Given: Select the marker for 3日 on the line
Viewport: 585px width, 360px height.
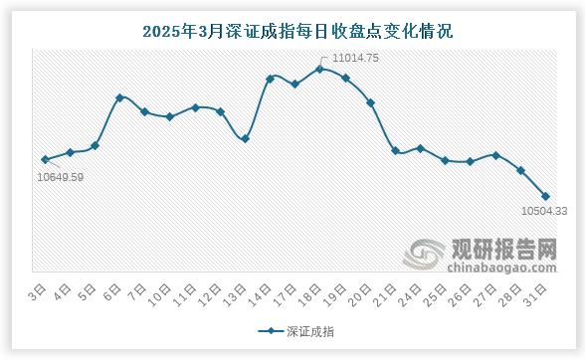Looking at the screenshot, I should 45,159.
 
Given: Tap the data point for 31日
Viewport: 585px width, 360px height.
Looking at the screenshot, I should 546,196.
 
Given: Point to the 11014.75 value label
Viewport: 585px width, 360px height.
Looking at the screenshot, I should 355,58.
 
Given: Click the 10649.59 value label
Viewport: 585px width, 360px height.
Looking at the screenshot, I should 60,177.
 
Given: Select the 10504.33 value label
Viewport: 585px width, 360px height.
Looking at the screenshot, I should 544,211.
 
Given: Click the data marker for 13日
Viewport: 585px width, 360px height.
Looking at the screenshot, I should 245,139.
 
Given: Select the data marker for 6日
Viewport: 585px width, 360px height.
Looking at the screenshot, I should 119,97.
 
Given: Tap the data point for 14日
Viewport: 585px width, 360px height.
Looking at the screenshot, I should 270,78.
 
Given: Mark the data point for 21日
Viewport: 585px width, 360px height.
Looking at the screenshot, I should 395,151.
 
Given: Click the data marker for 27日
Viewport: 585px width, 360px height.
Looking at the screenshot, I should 495,155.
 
